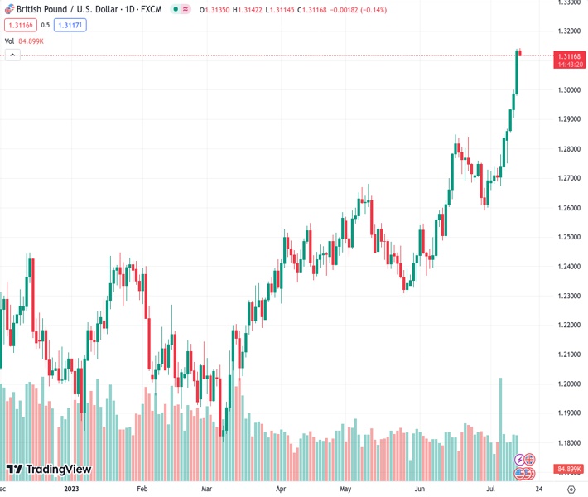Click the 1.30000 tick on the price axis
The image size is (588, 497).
coord(568,90)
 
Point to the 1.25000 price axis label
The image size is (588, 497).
coord(568,237)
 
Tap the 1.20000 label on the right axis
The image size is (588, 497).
coord(568,384)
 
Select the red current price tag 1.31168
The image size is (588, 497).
coord(568,56)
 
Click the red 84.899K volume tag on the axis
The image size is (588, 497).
coord(568,468)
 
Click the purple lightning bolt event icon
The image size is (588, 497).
coord(520,459)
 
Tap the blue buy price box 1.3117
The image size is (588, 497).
coord(70,25)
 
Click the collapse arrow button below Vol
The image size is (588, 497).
coord(12,55)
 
